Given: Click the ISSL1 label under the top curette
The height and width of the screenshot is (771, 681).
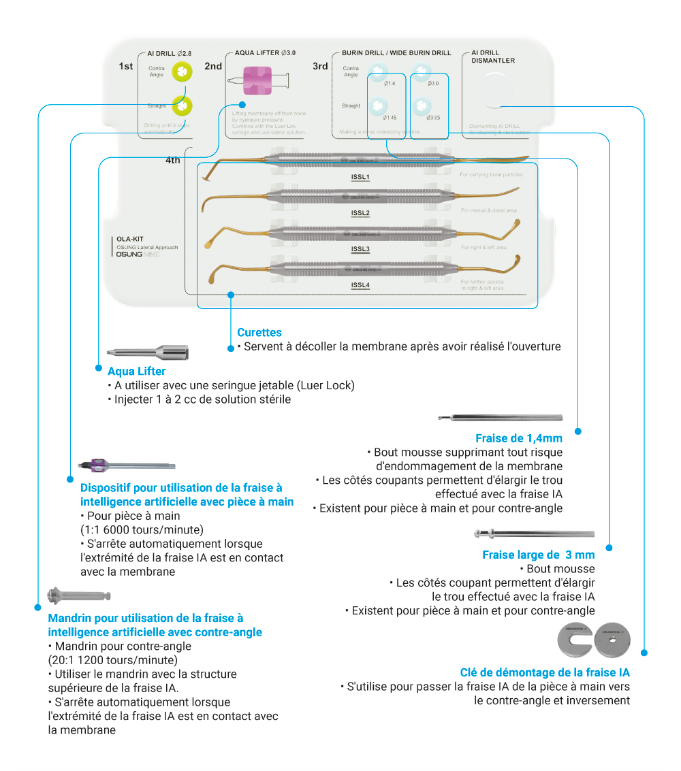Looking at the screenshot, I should tap(360, 177).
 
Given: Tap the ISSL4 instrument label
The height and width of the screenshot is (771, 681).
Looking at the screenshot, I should tap(360, 285).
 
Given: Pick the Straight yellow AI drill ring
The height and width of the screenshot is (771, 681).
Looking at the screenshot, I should tap(182, 105).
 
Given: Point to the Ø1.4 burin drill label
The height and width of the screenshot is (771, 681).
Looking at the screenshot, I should tap(390, 83).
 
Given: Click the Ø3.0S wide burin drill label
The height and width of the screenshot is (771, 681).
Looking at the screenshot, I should tap(433, 118).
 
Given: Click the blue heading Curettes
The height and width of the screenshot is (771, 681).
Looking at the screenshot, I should tap(259, 333).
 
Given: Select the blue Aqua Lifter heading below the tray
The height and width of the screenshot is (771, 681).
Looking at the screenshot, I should tap(136, 372).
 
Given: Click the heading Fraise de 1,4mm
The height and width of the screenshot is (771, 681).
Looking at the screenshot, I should tap(519, 438).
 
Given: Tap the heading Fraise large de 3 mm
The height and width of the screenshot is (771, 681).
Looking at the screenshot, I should tap(539, 555).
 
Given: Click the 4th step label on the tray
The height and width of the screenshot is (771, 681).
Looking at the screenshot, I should tap(172, 161).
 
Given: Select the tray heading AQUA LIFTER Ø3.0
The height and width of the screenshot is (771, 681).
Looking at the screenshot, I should tap(265, 52).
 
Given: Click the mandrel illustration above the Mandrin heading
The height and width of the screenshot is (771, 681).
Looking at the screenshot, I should tap(78, 596).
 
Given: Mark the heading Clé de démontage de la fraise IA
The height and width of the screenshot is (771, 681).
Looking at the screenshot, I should tap(545, 672).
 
